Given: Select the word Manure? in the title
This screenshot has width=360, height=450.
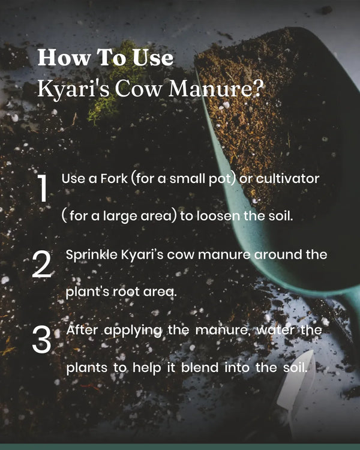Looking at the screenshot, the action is pos(215,88).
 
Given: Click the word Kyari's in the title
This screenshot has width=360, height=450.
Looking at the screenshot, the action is pos(73,89).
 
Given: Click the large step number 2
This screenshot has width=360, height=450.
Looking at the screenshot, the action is pos(41,264).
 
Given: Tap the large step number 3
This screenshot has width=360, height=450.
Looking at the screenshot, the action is pos(41,340).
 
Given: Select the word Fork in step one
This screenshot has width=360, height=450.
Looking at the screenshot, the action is pos(113,179).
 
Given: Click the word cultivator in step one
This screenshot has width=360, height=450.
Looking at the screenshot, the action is pos(287,179).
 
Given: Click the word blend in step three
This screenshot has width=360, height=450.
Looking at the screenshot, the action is pos(200,368).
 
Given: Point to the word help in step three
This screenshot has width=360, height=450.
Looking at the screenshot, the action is pos(146,368).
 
